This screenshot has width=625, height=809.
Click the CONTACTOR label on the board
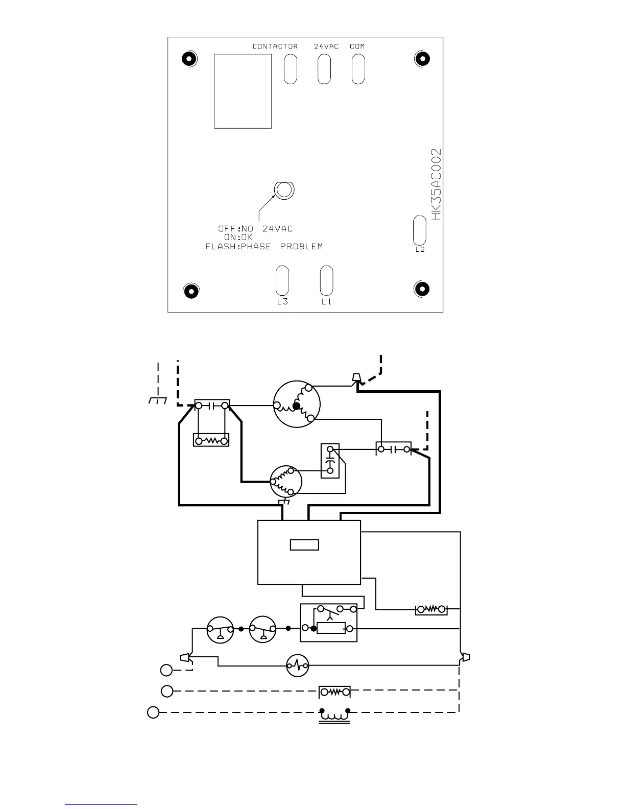[275, 46]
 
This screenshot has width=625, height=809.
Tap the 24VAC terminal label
[326, 46]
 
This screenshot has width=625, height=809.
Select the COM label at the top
[357, 46]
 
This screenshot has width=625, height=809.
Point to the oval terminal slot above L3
[282, 281]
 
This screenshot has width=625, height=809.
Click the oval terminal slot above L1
[326, 281]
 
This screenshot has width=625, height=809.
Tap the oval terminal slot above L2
[419, 230]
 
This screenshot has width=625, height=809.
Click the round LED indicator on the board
[284, 190]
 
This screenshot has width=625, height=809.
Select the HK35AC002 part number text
[436, 184]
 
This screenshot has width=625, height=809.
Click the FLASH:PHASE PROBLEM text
[264, 246]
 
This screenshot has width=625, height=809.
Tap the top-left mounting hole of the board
[189, 59]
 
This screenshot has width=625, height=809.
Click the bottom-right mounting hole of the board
[421, 289]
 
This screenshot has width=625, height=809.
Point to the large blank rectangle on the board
[243, 91]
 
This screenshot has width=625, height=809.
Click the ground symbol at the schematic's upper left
[158, 400]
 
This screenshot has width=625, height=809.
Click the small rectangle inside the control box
[304, 545]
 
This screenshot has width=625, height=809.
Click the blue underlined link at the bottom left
[101, 805]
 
